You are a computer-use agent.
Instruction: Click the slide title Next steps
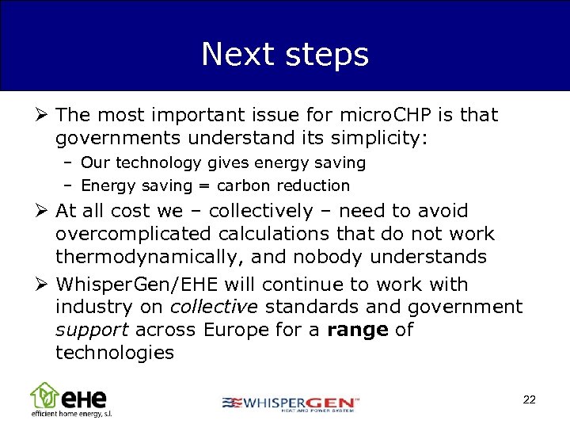pyautogui.click(x=285, y=55)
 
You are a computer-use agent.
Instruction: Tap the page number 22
pyautogui.click(x=530, y=399)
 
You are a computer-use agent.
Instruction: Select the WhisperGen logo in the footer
pyautogui.click(x=291, y=403)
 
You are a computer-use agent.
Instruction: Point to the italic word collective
pyautogui.click(x=215, y=307)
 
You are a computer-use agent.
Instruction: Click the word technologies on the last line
pyautogui.click(x=115, y=353)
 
